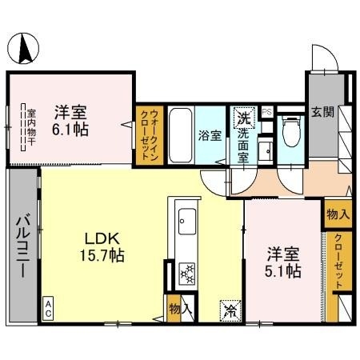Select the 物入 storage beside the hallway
point(337,214)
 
